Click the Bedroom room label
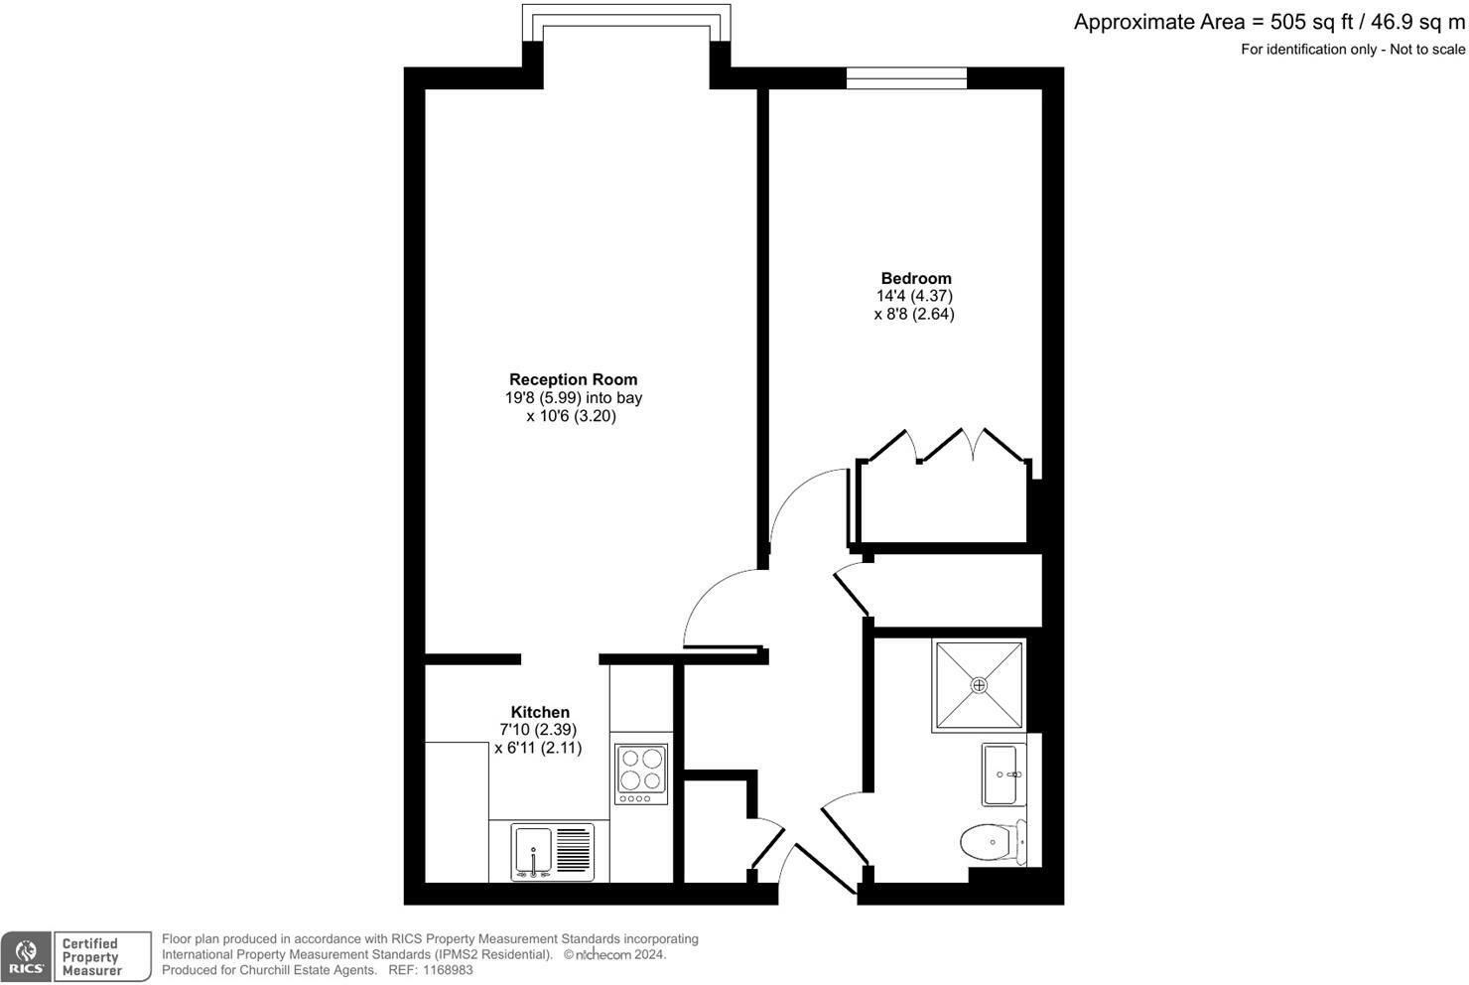pyautogui.click(x=915, y=278)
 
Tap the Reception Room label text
pyautogui.click(x=573, y=379)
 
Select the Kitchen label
pyautogui.click(x=540, y=712)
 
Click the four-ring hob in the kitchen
pyautogui.click(x=640, y=774)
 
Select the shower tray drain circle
pyautogui.click(x=979, y=685)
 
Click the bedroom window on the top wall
pyautogui.click(x=905, y=78)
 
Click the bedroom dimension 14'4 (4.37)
pyautogui.click(x=914, y=296)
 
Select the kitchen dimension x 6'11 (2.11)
pyautogui.click(x=538, y=748)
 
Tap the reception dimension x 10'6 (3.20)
pyautogui.click(x=571, y=416)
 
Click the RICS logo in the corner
pyautogui.click(x=26, y=957)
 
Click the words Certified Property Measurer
pyautogui.click(x=90, y=957)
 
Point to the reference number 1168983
pyautogui.click(x=444, y=970)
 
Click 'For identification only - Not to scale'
pyautogui.click(x=1352, y=50)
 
